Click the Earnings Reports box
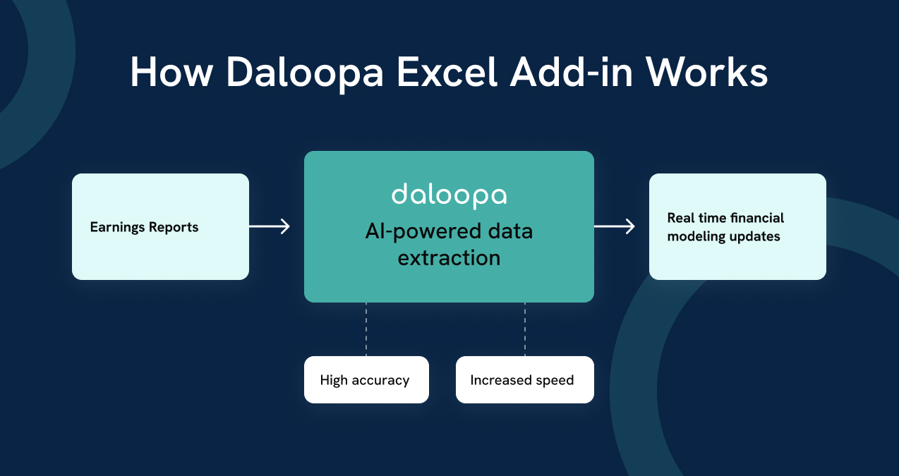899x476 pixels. coord(160,226)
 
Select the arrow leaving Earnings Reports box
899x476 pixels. coord(270,226)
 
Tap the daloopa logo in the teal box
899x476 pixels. coord(449,195)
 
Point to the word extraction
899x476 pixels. coord(449,257)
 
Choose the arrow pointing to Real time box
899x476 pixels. coord(615,226)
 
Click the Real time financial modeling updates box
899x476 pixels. coord(737,226)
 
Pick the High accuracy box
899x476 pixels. coord(366,379)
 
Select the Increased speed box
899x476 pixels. coord(524,379)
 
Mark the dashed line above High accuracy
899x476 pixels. coord(366,329)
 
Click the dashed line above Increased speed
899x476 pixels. coord(524,329)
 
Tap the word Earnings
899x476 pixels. coord(117,227)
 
